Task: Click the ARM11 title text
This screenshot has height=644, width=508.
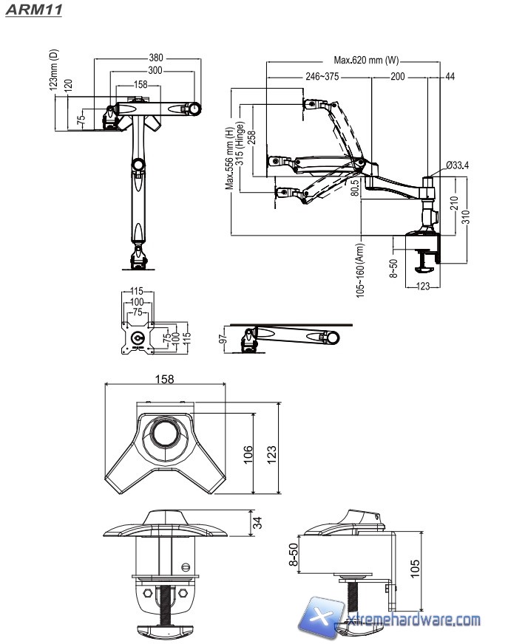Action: click(33, 10)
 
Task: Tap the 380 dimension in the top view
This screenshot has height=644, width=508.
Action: click(155, 58)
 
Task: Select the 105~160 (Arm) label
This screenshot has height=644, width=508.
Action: click(360, 270)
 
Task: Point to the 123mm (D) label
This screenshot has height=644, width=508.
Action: click(54, 70)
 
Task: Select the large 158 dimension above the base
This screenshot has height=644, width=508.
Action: click(165, 379)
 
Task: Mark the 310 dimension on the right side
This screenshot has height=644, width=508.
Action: click(466, 216)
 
